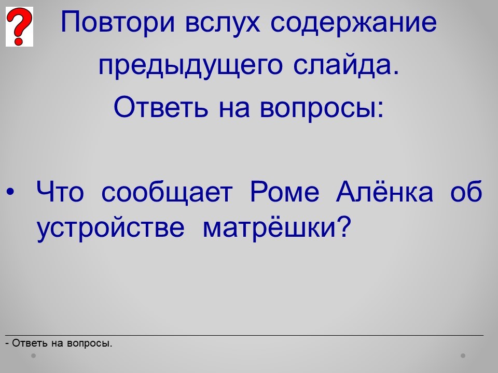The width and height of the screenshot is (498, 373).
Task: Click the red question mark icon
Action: click(x=19, y=26)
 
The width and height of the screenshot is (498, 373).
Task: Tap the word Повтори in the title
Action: click(x=118, y=22)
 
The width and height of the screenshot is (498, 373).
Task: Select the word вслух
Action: click(x=223, y=23)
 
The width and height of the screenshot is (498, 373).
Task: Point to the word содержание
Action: click(x=354, y=23)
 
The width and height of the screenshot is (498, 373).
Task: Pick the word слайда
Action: click(x=345, y=65)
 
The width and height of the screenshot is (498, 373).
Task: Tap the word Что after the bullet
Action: click(x=60, y=192)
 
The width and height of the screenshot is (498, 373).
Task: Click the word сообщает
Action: click(x=167, y=192)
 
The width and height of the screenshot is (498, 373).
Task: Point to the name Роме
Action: click(x=285, y=192)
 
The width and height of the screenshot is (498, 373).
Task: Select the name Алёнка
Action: click(x=384, y=191)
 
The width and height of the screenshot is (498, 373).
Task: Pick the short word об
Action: click(x=466, y=191)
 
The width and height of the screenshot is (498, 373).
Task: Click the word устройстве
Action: click(x=110, y=228)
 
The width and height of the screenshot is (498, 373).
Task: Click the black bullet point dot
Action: click(x=10, y=192)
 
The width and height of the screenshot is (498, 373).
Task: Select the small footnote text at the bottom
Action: click(x=59, y=343)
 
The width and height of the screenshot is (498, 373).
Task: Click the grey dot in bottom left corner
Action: click(x=33, y=355)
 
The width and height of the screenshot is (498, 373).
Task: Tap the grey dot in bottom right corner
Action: click(x=463, y=355)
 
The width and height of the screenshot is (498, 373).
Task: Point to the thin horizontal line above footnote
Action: click(x=244, y=335)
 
